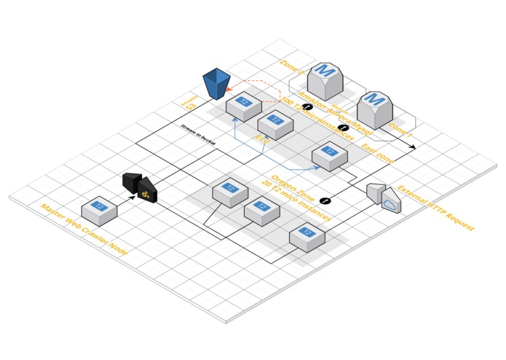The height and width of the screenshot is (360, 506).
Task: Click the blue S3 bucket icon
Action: pyautogui.click(x=216, y=83)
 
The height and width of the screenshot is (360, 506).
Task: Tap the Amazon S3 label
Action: pyautogui.click(x=189, y=103)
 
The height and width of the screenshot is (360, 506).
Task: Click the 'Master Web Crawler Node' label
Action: pyautogui.click(x=84, y=230)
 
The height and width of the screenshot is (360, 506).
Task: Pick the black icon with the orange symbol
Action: pyautogui.click(x=147, y=190)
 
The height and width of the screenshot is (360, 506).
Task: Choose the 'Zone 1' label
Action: pyautogui.click(x=400, y=130)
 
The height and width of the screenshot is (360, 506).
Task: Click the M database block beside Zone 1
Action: pyautogui.click(x=375, y=109)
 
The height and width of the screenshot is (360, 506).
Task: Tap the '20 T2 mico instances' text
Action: pyautogui.click(x=296, y=202)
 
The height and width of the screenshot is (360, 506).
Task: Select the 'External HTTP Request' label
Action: pyautogui.click(x=435, y=208)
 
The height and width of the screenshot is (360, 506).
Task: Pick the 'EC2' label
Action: pyautogui.click(x=263, y=139)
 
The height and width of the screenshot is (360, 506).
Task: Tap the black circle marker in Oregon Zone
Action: pyautogui.click(x=325, y=200)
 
